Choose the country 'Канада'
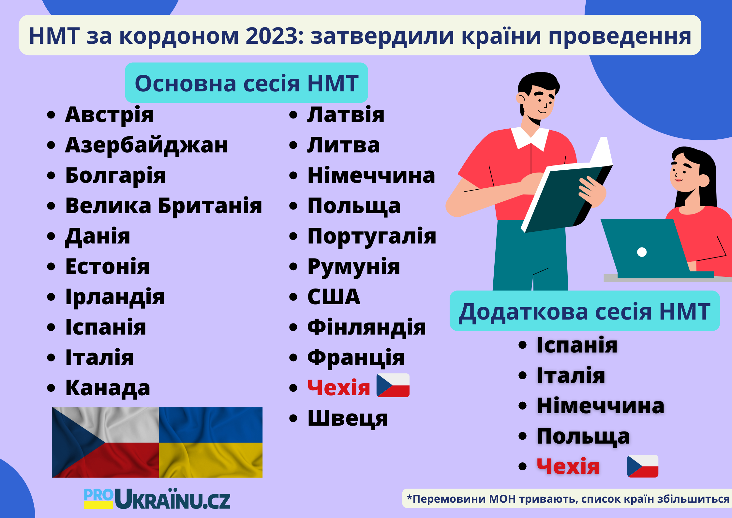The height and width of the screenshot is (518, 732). click(108, 388)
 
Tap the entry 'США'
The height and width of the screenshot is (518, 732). click(334, 297)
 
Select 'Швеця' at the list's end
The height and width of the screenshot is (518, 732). click(348, 418)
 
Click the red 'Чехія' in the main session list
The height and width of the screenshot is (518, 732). click(339, 388)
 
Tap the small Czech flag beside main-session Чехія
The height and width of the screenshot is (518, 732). click(393, 385)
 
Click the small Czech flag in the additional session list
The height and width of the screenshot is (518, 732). click(643, 466)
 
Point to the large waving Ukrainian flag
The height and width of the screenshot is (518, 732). click(211, 442)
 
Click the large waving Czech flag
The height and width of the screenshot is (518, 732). click(105, 442)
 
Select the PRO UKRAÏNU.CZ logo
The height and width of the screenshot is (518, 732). click(157, 498)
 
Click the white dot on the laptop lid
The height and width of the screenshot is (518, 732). click(642, 252)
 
